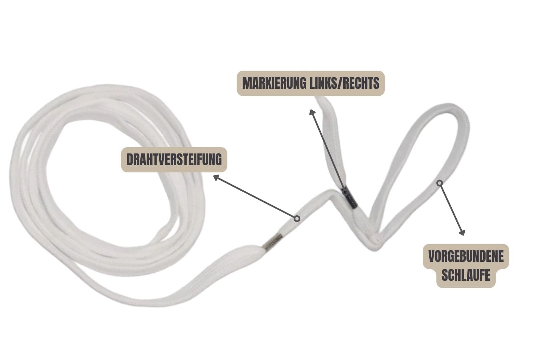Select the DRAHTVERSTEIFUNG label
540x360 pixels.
pos(174,160)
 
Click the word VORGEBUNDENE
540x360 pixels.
pos(466,256)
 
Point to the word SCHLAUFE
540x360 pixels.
pos(466,275)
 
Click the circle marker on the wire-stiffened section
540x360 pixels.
pos(297,219)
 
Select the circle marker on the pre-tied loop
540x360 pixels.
pos(439,183)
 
